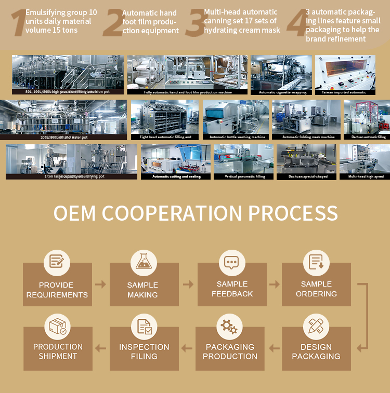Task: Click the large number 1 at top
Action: [x=18, y=23]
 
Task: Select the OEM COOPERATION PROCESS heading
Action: [x=196, y=213]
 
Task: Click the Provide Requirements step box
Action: [x=57, y=284]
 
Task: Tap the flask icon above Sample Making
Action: [x=144, y=262]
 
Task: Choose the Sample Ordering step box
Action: [x=316, y=284]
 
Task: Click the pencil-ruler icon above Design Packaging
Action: [x=316, y=326]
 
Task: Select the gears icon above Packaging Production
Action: [x=229, y=326]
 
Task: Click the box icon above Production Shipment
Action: [x=57, y=326]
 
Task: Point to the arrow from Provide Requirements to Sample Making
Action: [x=100, y=284]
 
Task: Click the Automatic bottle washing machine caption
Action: [x=237, y=137]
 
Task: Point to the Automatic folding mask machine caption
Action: [x=308, y=137]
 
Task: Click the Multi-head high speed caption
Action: [x=365, y=177]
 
